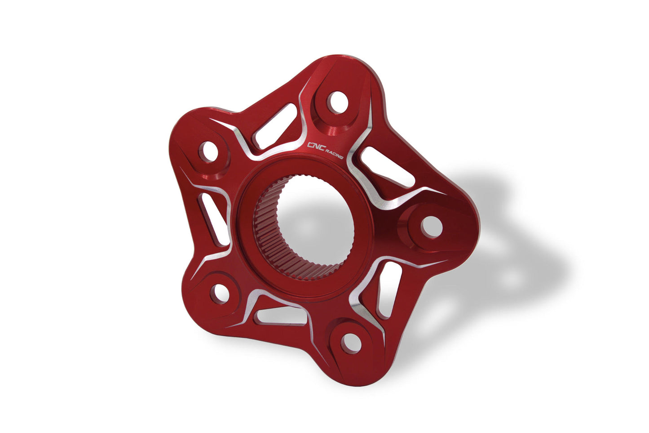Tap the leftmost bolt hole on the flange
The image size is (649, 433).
[209, 152]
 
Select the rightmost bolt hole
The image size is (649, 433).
[432, 226]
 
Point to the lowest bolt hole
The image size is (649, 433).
[351, 343]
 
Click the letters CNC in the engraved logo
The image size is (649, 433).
[314, 145]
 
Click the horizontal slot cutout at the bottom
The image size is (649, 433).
[281, 316]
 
